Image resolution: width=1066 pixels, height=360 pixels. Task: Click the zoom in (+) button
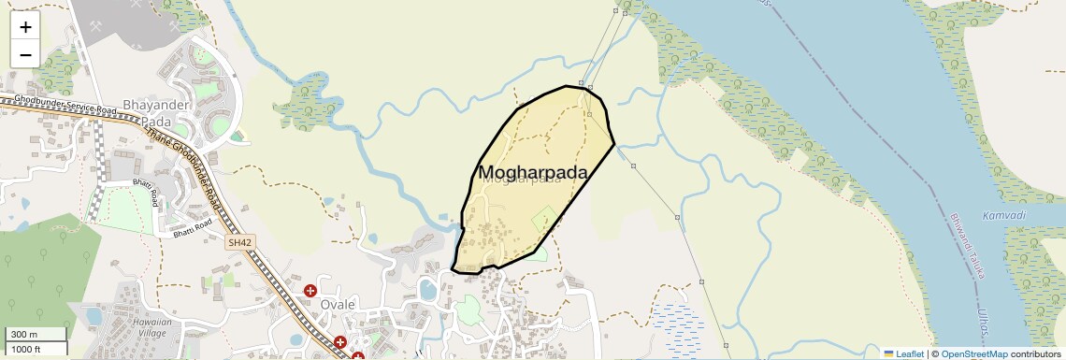pyautogui.click(x=25, y=26)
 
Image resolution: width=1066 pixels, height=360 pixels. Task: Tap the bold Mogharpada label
pyautogui.click(x=533, y=172)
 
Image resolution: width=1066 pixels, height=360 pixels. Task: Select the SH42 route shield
pyautogui.click(x=240, y=242)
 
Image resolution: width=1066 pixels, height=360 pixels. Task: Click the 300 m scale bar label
pyautogui.click(x=24, y=335)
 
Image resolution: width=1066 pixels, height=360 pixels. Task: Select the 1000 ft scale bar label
pyautogui.click(x=26, y=349)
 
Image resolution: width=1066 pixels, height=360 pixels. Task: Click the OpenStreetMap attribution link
pyautogui.click(x=973, y=353)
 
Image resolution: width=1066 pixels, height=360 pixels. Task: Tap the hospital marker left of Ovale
pyautogui.click(x=310, y=291)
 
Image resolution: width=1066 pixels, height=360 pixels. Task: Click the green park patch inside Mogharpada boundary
pyautogui.click(x=543, y=223)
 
